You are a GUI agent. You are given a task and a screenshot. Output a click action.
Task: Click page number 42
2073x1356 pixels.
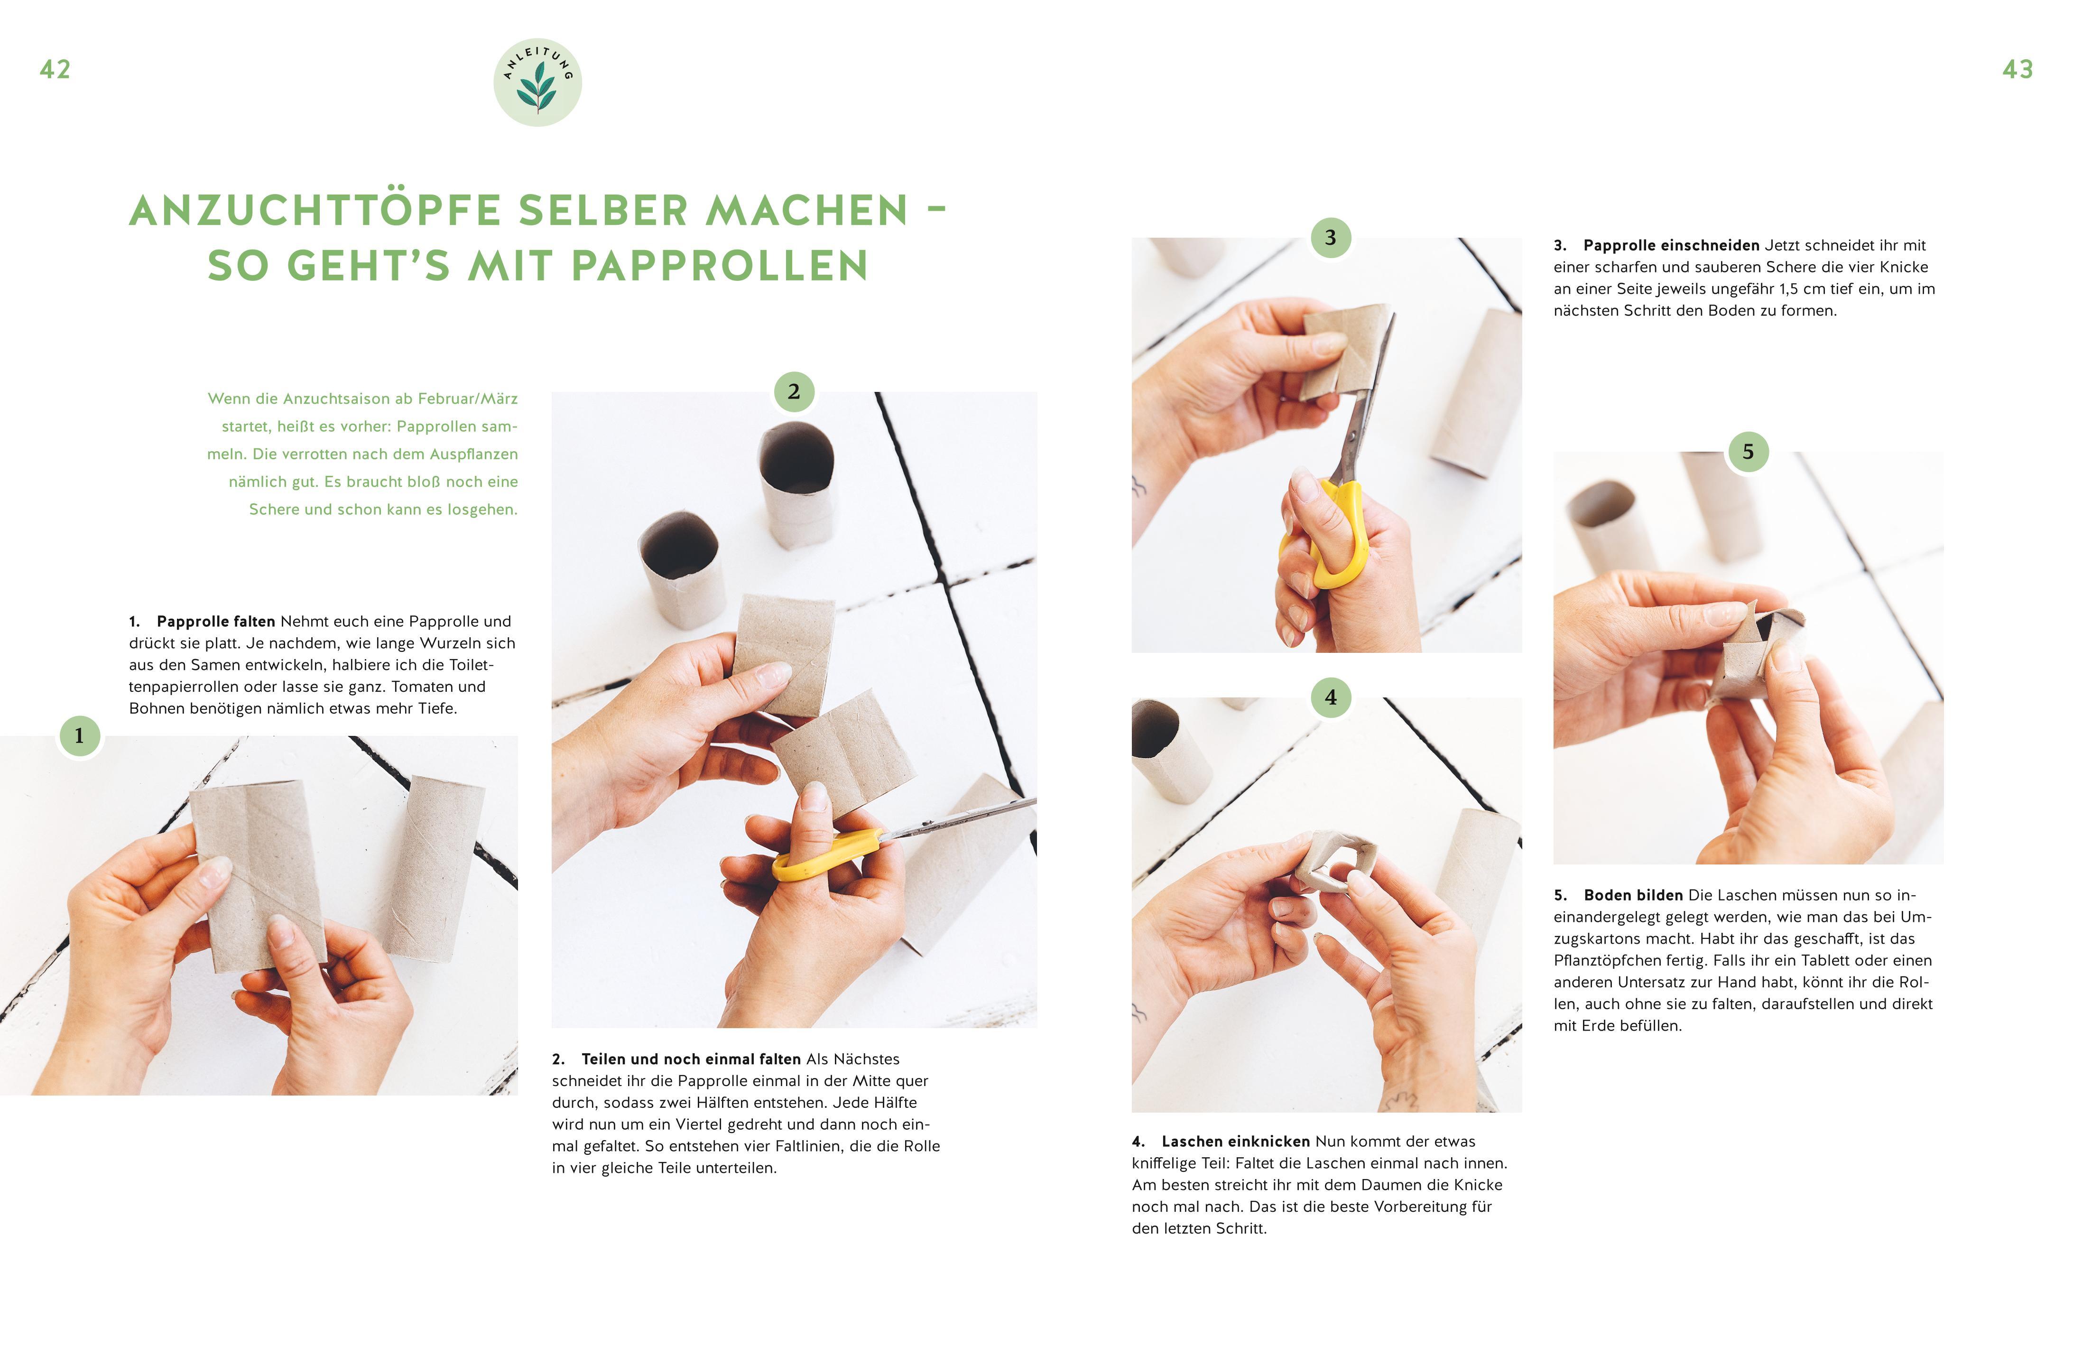pos(55,70)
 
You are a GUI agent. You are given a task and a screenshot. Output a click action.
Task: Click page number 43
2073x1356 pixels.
pos(2017,70)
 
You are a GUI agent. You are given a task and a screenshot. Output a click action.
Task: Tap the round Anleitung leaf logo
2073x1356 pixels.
pos(537,83)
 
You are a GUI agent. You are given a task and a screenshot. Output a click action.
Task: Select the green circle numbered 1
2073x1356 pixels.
pos(79,736)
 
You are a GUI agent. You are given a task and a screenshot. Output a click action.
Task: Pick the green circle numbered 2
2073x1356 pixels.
pos(794,392)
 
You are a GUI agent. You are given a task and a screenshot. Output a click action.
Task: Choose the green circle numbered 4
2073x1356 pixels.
pos(1330,697)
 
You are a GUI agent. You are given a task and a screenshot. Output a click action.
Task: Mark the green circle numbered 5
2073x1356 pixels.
pos(1748,452)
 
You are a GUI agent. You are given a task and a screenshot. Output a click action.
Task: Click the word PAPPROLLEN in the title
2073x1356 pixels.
pos(720,266)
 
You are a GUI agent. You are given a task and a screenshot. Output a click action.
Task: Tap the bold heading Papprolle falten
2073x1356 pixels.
pos(216,621)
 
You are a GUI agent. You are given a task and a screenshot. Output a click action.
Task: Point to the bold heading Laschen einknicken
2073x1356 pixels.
pos(1236,1141)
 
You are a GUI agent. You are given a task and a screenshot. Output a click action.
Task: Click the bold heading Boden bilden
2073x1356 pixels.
pos(1633,895)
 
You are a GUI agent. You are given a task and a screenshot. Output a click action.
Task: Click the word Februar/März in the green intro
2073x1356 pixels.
pos(468,399)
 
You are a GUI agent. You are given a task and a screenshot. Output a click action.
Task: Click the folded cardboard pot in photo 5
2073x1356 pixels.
pos(1755,658)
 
